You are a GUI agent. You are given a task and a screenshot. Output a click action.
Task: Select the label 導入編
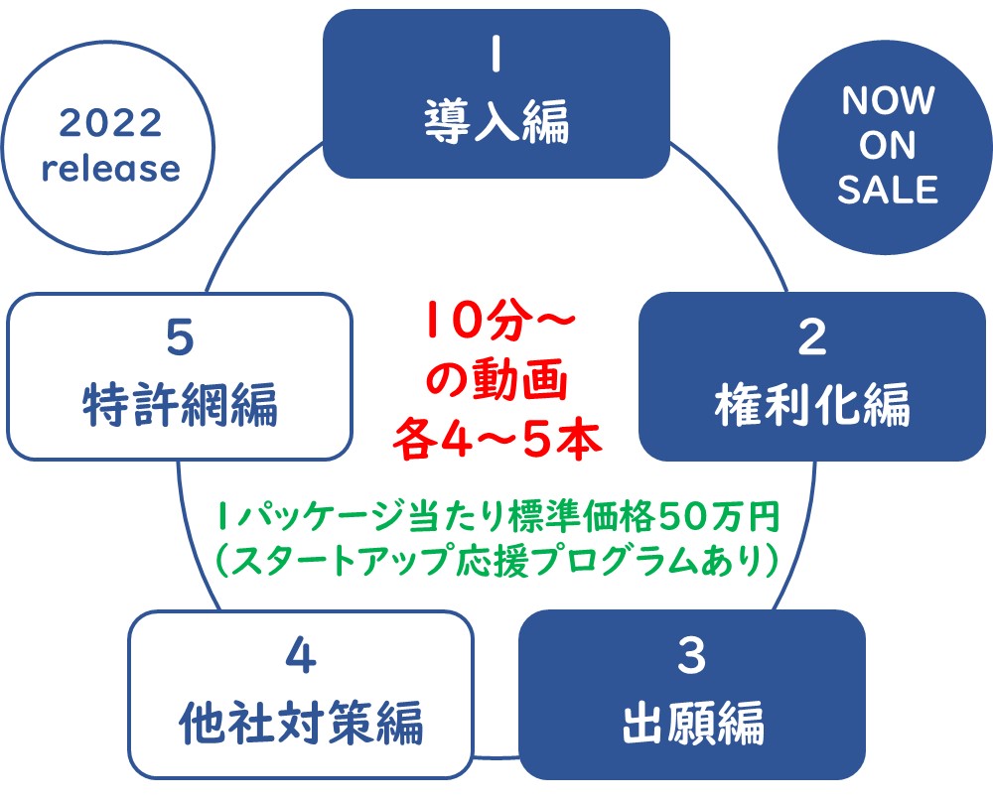496,121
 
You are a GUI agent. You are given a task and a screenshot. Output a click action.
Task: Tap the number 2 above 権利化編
812,337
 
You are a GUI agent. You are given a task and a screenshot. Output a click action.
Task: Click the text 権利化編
812,404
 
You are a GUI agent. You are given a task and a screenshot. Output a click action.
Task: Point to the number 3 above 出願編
692,656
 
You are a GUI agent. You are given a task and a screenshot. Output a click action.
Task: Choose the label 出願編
693,723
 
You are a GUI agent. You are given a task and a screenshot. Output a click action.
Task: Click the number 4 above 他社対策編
301,656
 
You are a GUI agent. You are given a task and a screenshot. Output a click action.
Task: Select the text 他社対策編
301,723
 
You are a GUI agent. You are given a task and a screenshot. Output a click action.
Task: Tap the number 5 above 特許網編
180,337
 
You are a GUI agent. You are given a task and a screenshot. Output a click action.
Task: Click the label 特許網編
180,404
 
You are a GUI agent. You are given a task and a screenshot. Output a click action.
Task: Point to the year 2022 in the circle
111,123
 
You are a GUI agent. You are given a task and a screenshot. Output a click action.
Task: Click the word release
111,169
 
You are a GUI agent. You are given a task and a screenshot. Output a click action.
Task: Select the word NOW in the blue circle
888,100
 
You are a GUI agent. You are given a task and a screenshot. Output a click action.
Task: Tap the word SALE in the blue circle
888,190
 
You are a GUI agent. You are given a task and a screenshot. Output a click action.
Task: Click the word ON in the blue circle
888,145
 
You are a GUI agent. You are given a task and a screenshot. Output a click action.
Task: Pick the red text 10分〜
500,321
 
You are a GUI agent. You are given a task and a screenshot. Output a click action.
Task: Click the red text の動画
496,379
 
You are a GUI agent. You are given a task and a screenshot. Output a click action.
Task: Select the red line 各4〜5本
497,440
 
